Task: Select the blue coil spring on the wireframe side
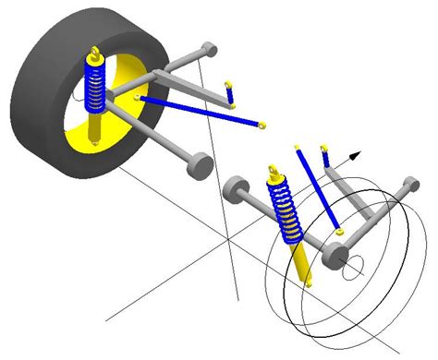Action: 285,209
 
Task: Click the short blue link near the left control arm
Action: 231,93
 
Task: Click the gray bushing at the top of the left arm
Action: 210,47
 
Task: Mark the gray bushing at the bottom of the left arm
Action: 197,166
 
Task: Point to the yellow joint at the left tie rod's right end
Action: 262,125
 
